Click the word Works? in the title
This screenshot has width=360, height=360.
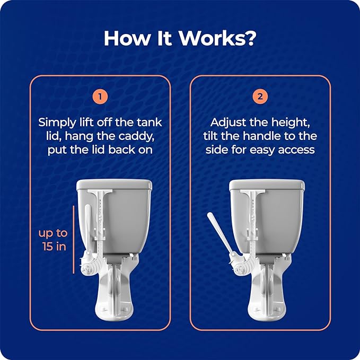point(217,38)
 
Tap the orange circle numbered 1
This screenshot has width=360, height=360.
point(100,96)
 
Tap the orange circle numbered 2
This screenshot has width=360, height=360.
point(260,96)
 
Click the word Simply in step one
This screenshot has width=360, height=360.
point(57,123)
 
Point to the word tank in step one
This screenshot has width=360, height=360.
point(149,122)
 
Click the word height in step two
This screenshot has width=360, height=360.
point(291,123)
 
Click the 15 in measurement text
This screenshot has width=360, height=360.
point(54,247)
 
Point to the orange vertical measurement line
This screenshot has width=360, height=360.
point(74,240)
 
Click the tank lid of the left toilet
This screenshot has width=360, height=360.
point(114,185)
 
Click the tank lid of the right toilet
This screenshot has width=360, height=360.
point(267,185)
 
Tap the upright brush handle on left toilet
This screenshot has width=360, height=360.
point(87,228)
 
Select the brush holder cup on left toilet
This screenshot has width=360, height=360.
point(89,264)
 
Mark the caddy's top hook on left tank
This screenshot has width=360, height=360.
point(100,192)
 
